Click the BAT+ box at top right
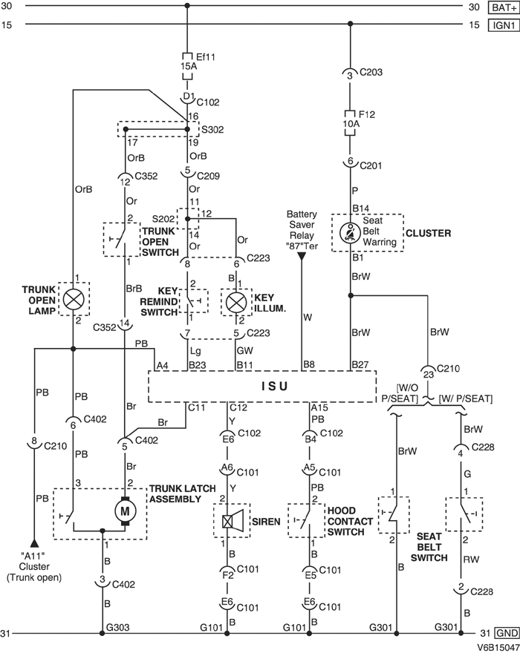(498, 7)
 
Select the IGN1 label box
(498, 26)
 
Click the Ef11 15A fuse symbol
(187, 61)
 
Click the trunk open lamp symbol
(73, 299)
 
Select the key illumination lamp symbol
(235, 300)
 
